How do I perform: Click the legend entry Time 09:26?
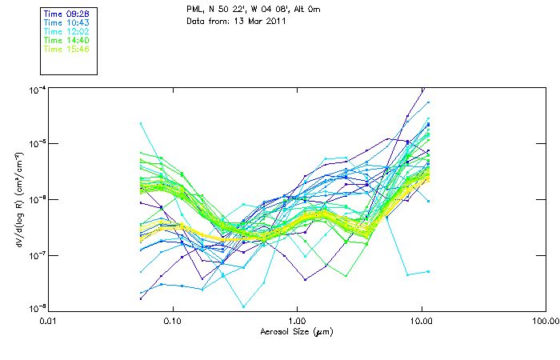pyautogui.click(x=66, y=14)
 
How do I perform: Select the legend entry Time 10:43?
pyautogui.click(x=66, y=23)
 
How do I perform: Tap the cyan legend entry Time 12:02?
pyautogui.click(x=66, y=32)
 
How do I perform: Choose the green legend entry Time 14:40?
pyautogui.click(x=66, y=40)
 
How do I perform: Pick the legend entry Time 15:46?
pyautogui.click(x=66, y=49)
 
